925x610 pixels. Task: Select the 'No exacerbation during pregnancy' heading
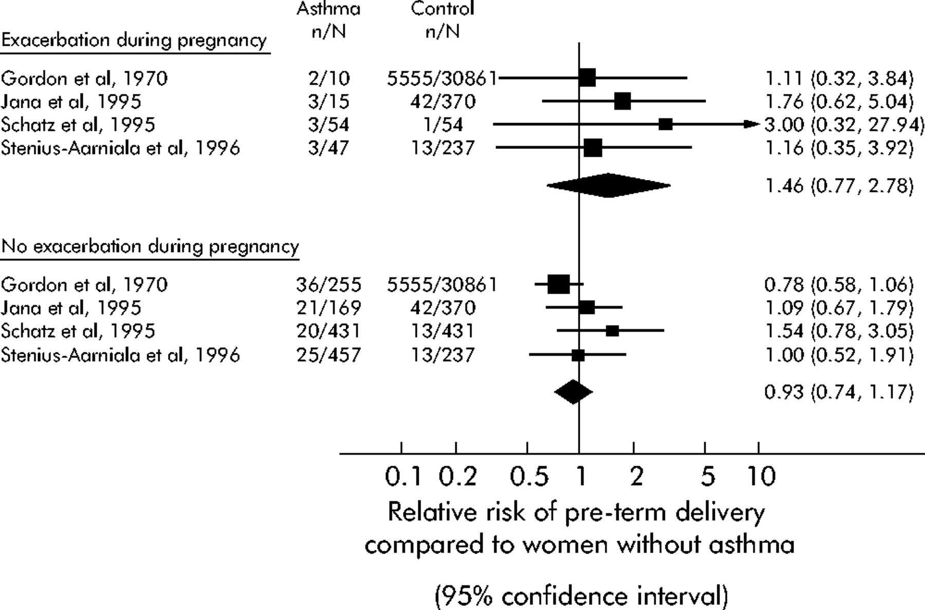[150, 246]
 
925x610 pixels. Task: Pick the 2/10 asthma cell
[328, 79]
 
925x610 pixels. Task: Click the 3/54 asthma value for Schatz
[328, 125]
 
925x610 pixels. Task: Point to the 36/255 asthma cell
[328, 284]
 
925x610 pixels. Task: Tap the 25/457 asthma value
[328, 355]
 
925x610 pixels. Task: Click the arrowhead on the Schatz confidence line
[752, 124]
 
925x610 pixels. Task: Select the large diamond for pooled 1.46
[608, 185]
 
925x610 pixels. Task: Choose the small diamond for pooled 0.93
[573, 392]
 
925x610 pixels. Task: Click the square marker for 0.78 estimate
[559, 283]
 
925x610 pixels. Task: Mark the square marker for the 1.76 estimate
[622, 101]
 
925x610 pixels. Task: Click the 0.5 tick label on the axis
[529, 477]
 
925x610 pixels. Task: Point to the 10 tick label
[760, 477]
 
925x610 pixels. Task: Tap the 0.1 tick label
[403, 477]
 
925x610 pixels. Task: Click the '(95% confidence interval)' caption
[581, 596]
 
